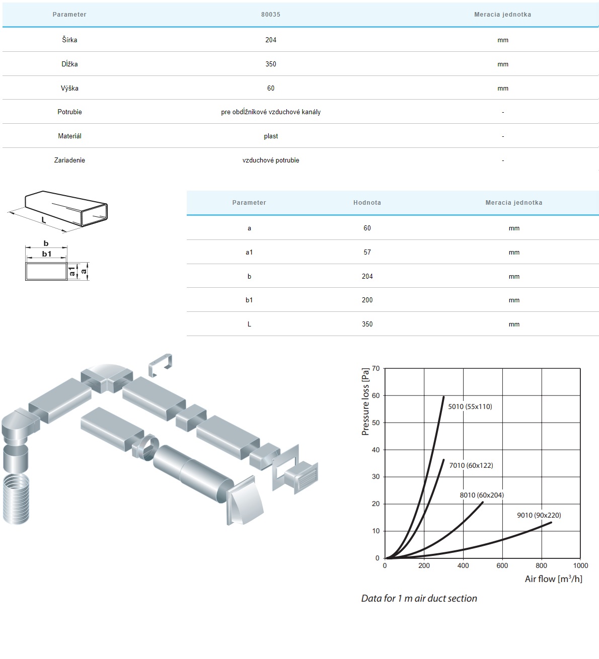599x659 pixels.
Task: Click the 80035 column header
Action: coord(271,15)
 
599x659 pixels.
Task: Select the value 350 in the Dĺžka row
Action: coord(271,64)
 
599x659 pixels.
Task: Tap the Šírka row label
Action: coord(69,40)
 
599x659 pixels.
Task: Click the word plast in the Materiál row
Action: coord(271,136)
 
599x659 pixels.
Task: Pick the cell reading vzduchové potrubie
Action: coord(271,160)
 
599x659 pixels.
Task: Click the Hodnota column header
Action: coord(367,203)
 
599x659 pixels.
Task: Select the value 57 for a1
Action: coord(367,253)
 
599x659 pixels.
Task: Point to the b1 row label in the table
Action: coord(249,300)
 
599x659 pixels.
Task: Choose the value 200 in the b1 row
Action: coord(367,300)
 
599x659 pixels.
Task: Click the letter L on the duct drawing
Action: coord(44,220)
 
